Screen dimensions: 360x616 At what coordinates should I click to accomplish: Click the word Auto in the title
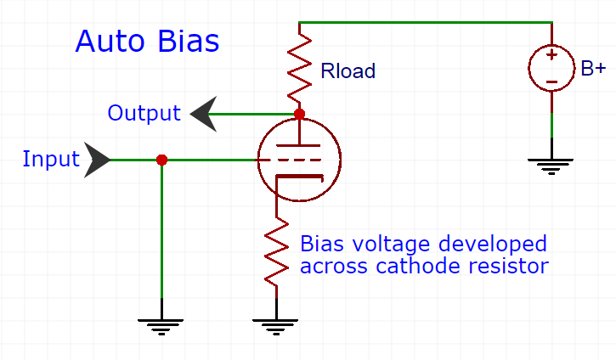pyautogui.click(x=106, y=41)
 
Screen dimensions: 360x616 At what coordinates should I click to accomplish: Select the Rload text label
pyautogui.click(x=348, y=71)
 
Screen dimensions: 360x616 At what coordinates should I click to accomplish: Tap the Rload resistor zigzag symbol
pyautogui.click(x=299, y=65)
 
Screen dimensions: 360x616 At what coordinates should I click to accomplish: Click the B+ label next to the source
pyautogui.click(x=593, y=69)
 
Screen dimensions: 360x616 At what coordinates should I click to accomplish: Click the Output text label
pyautogui.click(x=144, y=113)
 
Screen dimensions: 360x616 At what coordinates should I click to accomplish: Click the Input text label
pyautogui.click(x=50, y=159)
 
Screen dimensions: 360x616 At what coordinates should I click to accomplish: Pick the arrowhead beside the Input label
pyautogui.click(x=98, y=160)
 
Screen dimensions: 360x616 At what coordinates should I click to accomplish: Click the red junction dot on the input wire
pyautogui.click(x=162, y=160)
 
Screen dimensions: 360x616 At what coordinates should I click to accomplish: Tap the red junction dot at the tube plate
pyautogui.click(x=299, y=113)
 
